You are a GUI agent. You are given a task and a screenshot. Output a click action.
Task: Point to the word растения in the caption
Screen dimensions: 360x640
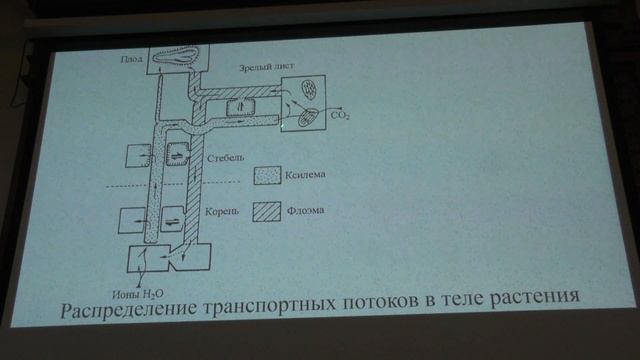click(x=532, y=300)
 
